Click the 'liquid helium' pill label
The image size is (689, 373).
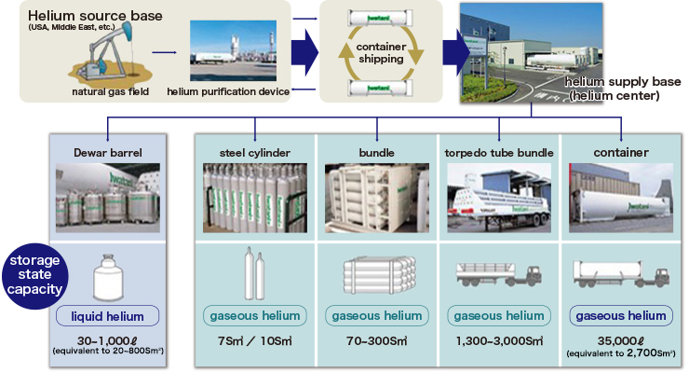pyautogui.click(x=106, y=316)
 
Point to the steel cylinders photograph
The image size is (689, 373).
pyautogui.click(x=255, y=196)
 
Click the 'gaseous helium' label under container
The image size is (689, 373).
pyautogui.click(x=620, y=316)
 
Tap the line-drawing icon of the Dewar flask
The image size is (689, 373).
pyautogui.click(x=107, y=277)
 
